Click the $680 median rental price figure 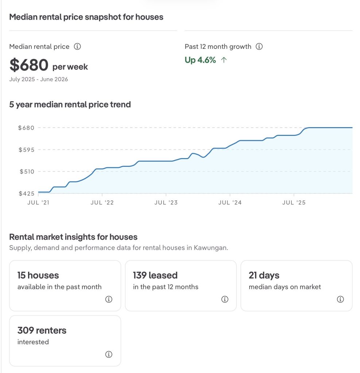click(x=29, y=65)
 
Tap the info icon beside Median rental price click(x=77, y=46)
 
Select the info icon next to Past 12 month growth click(x=259, y=46)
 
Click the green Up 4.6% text click(x=200, y=60)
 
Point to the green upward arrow click(x=224, y=60)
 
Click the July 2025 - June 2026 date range click(x=39, y=79)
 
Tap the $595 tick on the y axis click(x=26, y=150)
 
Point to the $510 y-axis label click(x=27, y=172)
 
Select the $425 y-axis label click(x=26, y=193)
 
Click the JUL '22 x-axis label click(x=102, y=203)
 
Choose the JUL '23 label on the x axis click(x=166, y=203)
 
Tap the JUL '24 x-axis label click(x=230, y=203)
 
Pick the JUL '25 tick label click(x=294, y=203)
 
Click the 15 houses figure click(x=38, y=275)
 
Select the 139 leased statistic click(x=155, y=275)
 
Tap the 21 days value click(x=264, y=275)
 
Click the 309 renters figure click(x=42, y=330)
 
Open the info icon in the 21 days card click(x=340, y=299)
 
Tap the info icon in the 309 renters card click(x=109, y=354)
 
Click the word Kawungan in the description click(x=211, y=248)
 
